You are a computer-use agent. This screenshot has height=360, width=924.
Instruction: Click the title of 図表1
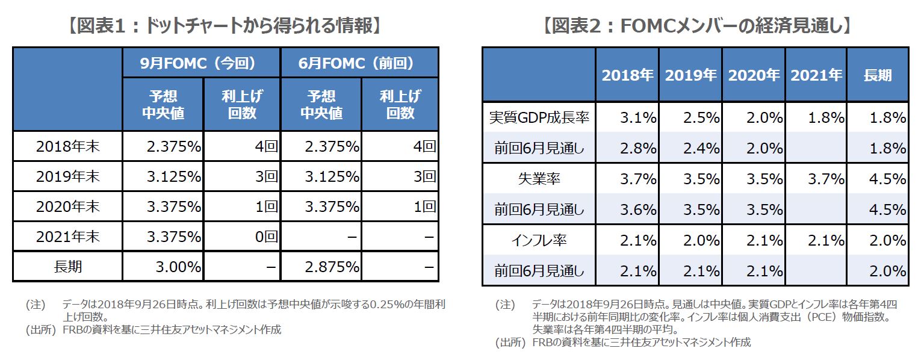[225, 26]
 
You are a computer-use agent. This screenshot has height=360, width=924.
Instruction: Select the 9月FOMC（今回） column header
[201, 63]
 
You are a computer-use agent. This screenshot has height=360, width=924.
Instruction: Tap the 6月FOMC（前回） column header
[359, 63]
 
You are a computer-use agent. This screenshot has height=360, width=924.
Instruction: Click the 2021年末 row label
[67, 237]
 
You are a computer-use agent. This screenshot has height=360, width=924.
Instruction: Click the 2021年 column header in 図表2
[816, 75]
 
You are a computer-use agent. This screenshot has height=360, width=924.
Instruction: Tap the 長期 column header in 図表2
[877, 75]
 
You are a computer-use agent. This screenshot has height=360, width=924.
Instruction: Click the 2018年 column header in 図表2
[627, 75]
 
